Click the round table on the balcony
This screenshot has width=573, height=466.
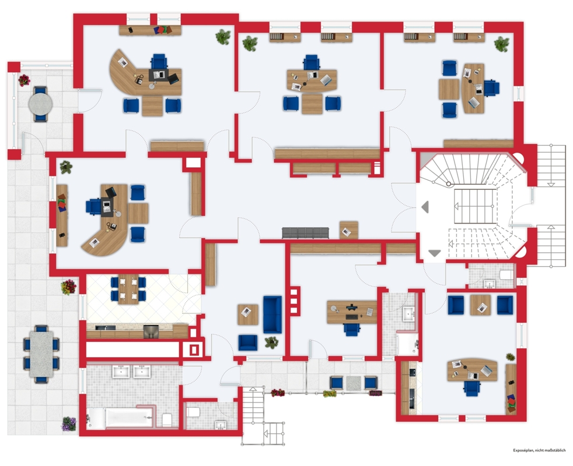tap(41, 104)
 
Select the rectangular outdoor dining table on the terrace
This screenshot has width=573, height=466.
tap(41, 354)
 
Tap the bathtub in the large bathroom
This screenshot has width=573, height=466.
tap(129, 417)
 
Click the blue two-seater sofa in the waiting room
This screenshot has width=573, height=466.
tap(272, 314)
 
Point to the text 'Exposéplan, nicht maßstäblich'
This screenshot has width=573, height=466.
tap(539, 450)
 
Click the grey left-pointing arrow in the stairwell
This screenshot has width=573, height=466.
tap(425, 207)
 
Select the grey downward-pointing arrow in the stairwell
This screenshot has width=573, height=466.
tap(435, 253)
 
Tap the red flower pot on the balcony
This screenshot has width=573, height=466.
tap(24, 80)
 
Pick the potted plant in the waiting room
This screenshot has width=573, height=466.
tap(271, 343)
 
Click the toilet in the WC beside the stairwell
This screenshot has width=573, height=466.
tap(507, 274)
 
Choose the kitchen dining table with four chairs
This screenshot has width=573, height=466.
tap(128, 289)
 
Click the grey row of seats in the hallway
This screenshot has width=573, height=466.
tap(306, 233)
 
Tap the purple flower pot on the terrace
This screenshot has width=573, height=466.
tap(69, 423)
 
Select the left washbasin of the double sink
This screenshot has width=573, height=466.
tap(121, 372)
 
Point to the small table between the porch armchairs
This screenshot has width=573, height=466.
tap(354, 383)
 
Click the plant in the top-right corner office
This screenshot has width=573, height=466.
tap(502, 44)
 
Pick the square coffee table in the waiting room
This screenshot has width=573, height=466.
tap(247, 314)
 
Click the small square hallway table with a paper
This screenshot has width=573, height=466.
tap(348, 230)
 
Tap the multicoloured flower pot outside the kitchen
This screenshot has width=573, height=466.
tap(69, 287)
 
